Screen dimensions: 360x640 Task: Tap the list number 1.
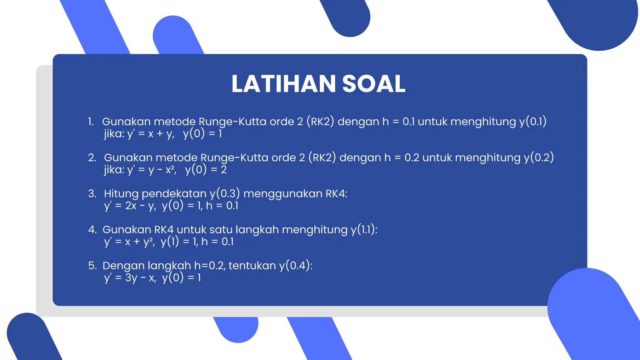[91, 122]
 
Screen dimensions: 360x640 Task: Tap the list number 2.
[92, 157]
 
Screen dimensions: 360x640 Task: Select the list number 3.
[92, 193]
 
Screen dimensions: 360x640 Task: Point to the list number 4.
[92, 230]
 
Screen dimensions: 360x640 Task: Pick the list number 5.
[92, 266]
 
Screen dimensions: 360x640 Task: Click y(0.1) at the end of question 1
[533, 122]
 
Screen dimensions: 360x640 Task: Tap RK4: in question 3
[336, 194]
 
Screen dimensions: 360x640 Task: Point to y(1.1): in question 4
[364, 230]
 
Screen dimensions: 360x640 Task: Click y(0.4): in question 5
[296, 266]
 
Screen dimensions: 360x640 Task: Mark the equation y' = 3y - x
[130, 278]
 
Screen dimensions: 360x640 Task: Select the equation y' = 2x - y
[130, 206]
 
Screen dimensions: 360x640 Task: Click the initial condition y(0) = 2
[206, 170]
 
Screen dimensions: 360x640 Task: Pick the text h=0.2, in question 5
[210, 266]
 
